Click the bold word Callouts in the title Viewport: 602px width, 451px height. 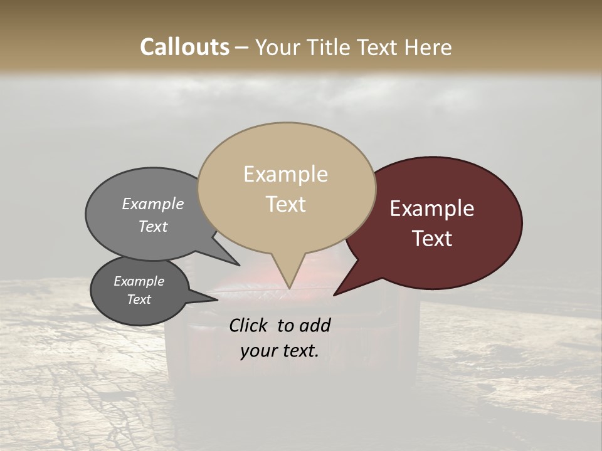pyautogui.click(x=184, y=47)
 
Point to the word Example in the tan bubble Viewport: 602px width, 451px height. pyautogui.click(x=285, y=174)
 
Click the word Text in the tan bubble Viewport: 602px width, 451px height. pyautogui.click(x=285, y=204)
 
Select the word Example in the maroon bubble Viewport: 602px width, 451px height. pyautogui.click(x=432, y=209)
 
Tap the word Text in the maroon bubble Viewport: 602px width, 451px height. pyautogui.click(x=432, y=239)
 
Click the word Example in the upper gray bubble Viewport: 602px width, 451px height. pyautogui.click(x=152, y=204)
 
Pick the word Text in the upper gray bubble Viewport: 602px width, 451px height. pyautogui.click(x=152, y=226)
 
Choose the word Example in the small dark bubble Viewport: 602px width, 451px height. pyautogui.click(x=139, y=281)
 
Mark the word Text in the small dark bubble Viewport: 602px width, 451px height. pyautogui.click(x=139, y=299)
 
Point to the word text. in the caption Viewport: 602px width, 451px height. pyautogui.click(x=298, y=351)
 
